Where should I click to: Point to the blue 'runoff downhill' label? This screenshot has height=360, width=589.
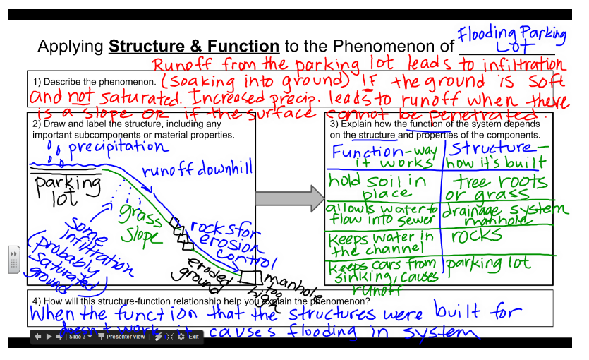tap(197, 170)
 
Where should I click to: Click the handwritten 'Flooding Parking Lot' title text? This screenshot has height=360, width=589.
tap(512, 40)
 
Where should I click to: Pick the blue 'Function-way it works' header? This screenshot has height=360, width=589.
tap(384, 156)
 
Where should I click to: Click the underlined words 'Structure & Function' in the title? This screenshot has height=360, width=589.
tap(194, 47)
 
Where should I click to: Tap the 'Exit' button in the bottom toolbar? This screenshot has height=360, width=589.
tap(193, 337)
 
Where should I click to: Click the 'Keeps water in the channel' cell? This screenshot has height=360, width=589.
tap(381, 242)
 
